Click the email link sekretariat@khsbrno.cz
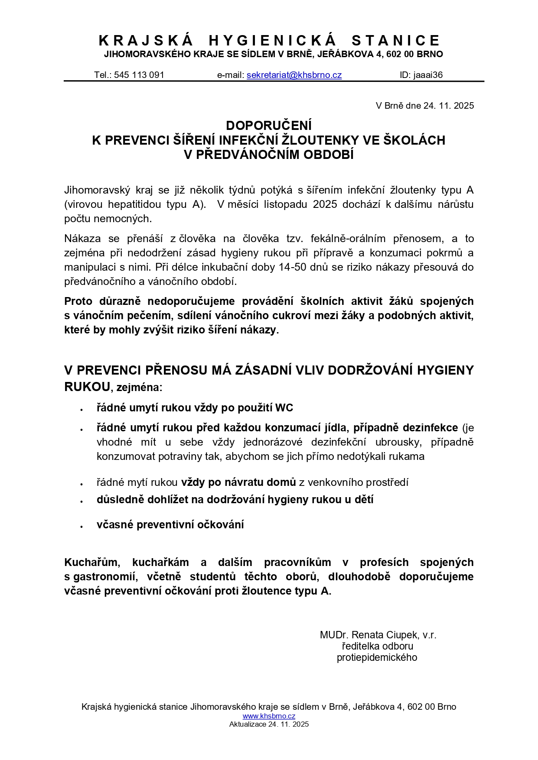coord(294,75)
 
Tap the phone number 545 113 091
coord(139,75)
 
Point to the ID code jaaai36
coord(428,75)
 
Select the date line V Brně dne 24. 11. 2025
coord(424,106)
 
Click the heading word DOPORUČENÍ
coord(269,126)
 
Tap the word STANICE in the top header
coord(396,41)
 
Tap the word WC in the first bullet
coord(284,408)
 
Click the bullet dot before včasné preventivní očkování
coord(81,526)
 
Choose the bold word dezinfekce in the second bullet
coord(430,428)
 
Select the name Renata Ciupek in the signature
coord(385,635)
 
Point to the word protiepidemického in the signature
coord(377,657)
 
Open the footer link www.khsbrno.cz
coord(269,716)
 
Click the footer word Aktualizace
coord(248,724)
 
